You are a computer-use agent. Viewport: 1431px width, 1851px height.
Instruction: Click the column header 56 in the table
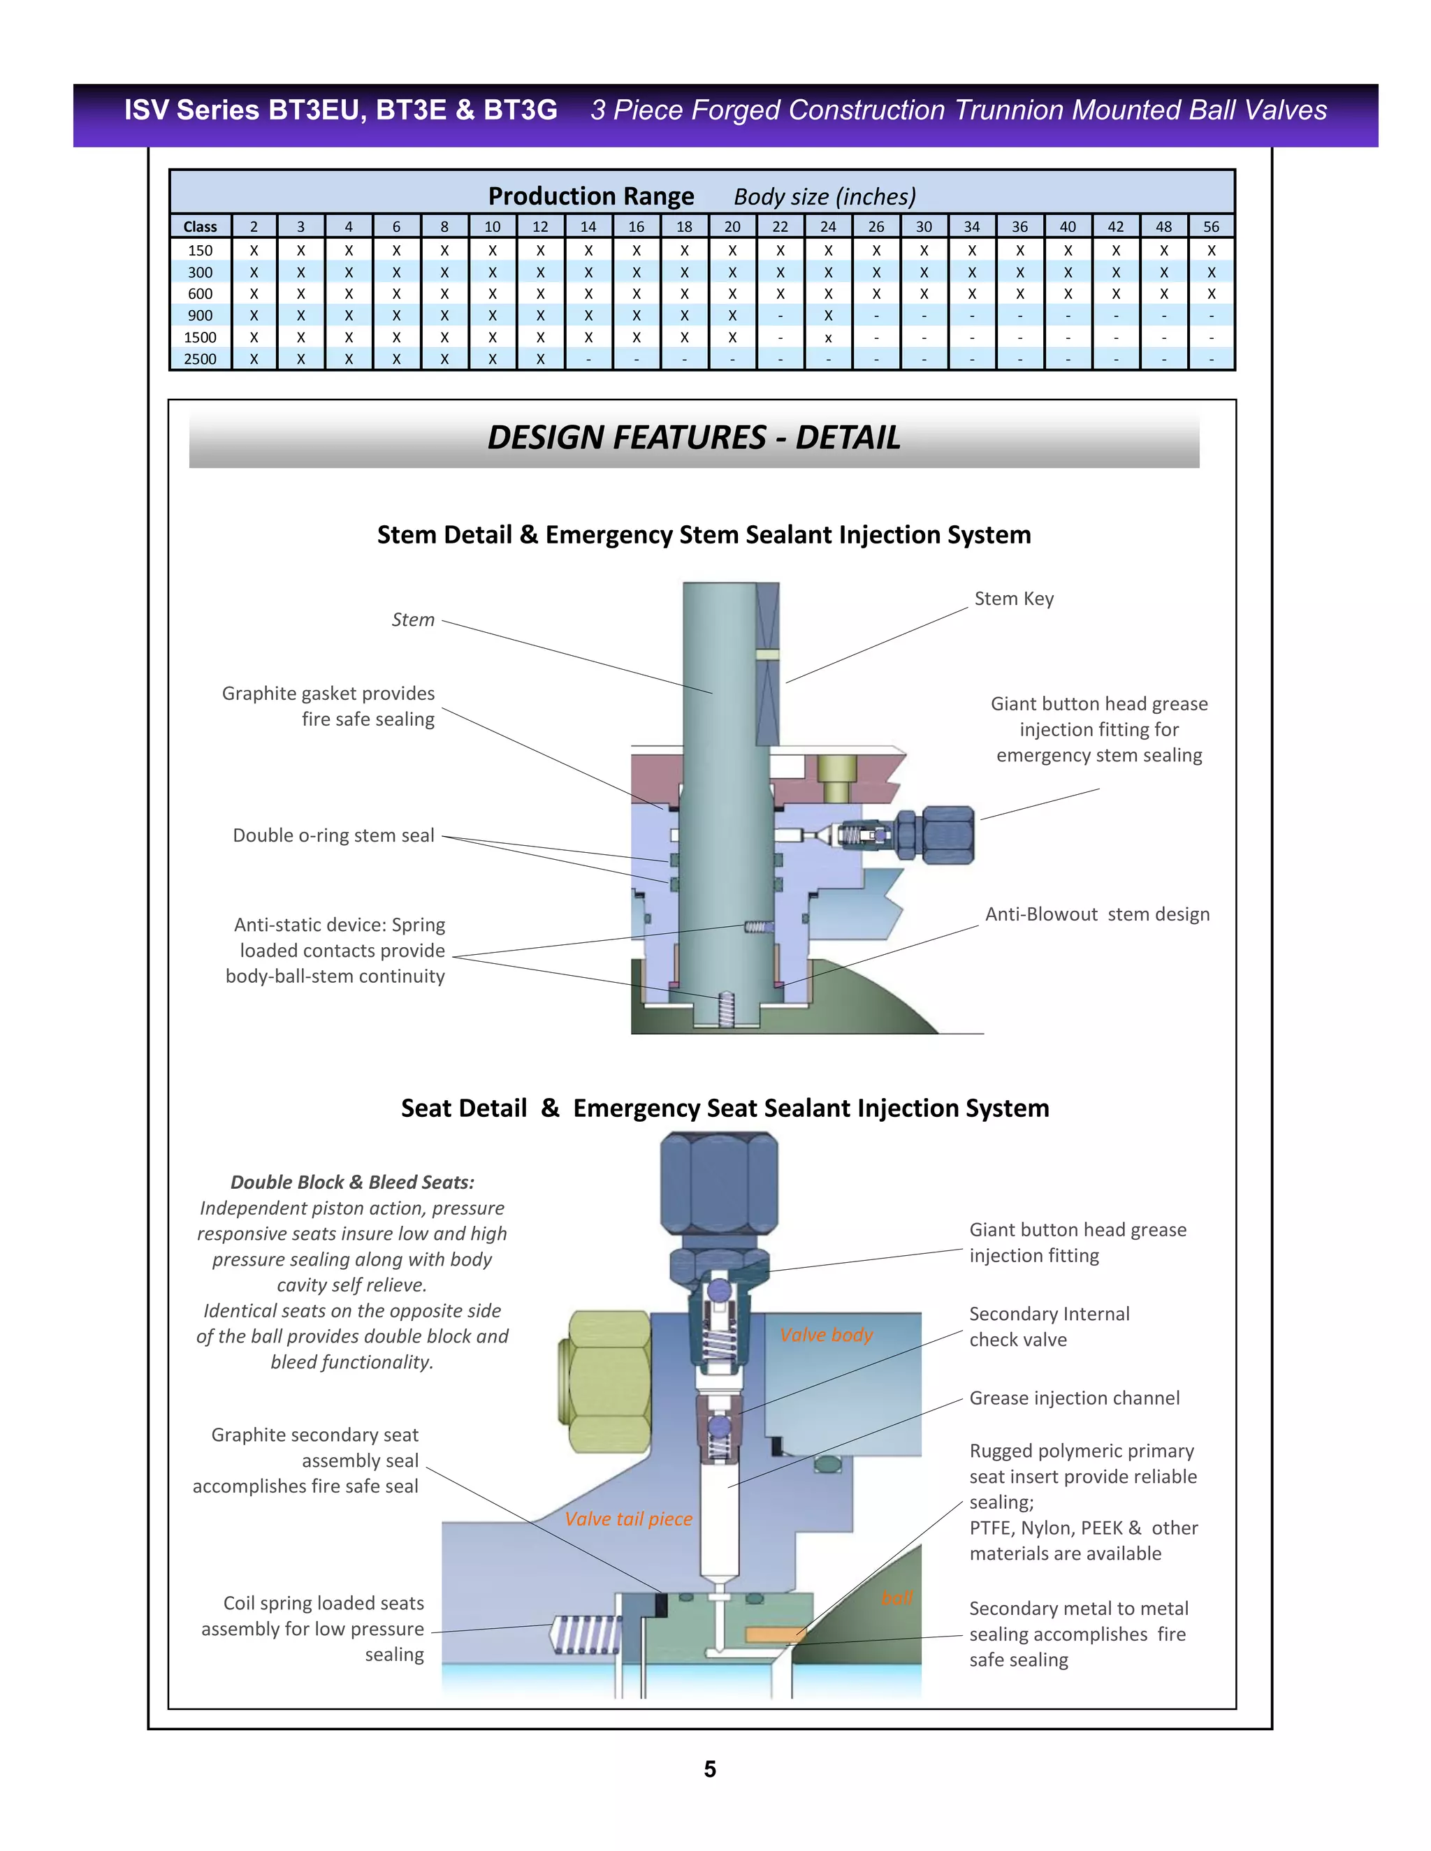point(1211,226)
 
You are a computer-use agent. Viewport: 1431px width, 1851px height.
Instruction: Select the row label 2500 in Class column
point(200,358)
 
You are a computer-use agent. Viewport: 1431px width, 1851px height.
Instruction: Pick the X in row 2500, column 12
point(540,358)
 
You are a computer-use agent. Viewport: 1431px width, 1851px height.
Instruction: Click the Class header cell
point(200,226)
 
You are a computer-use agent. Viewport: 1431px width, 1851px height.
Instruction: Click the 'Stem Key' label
point(1014,599)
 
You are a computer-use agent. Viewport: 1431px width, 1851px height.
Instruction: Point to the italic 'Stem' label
point(413,620)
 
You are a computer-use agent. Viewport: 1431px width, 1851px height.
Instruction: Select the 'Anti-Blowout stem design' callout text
point(1097,914)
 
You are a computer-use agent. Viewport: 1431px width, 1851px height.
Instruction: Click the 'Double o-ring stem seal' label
point(333,835)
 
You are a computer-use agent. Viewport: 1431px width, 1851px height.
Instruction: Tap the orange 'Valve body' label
point(826,1335)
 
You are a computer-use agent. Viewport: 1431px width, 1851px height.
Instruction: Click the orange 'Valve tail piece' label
point(628,1519)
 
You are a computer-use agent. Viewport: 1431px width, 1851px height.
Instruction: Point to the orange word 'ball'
point(897,1597)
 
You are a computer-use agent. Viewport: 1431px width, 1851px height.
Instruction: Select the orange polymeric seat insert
point(773,1633)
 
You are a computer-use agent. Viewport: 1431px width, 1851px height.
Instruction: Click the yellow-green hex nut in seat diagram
point(606,1382)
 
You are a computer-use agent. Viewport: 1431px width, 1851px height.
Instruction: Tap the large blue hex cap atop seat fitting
point(719,1187)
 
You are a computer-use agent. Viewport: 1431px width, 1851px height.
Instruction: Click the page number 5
point(711,1769)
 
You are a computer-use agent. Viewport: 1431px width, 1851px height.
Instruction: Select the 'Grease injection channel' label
point(1074,1398)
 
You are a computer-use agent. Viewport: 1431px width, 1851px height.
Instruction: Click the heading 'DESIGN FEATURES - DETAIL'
point(693,437)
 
